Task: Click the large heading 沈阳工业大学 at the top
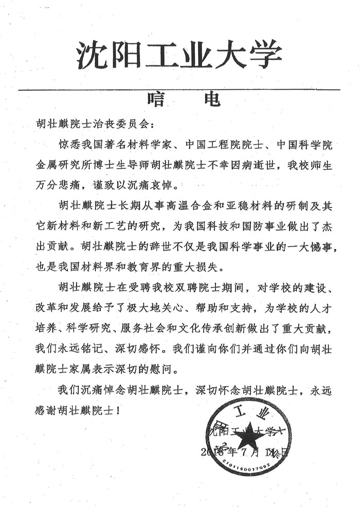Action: pos(179,55)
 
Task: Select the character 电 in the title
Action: pos(209,97)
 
